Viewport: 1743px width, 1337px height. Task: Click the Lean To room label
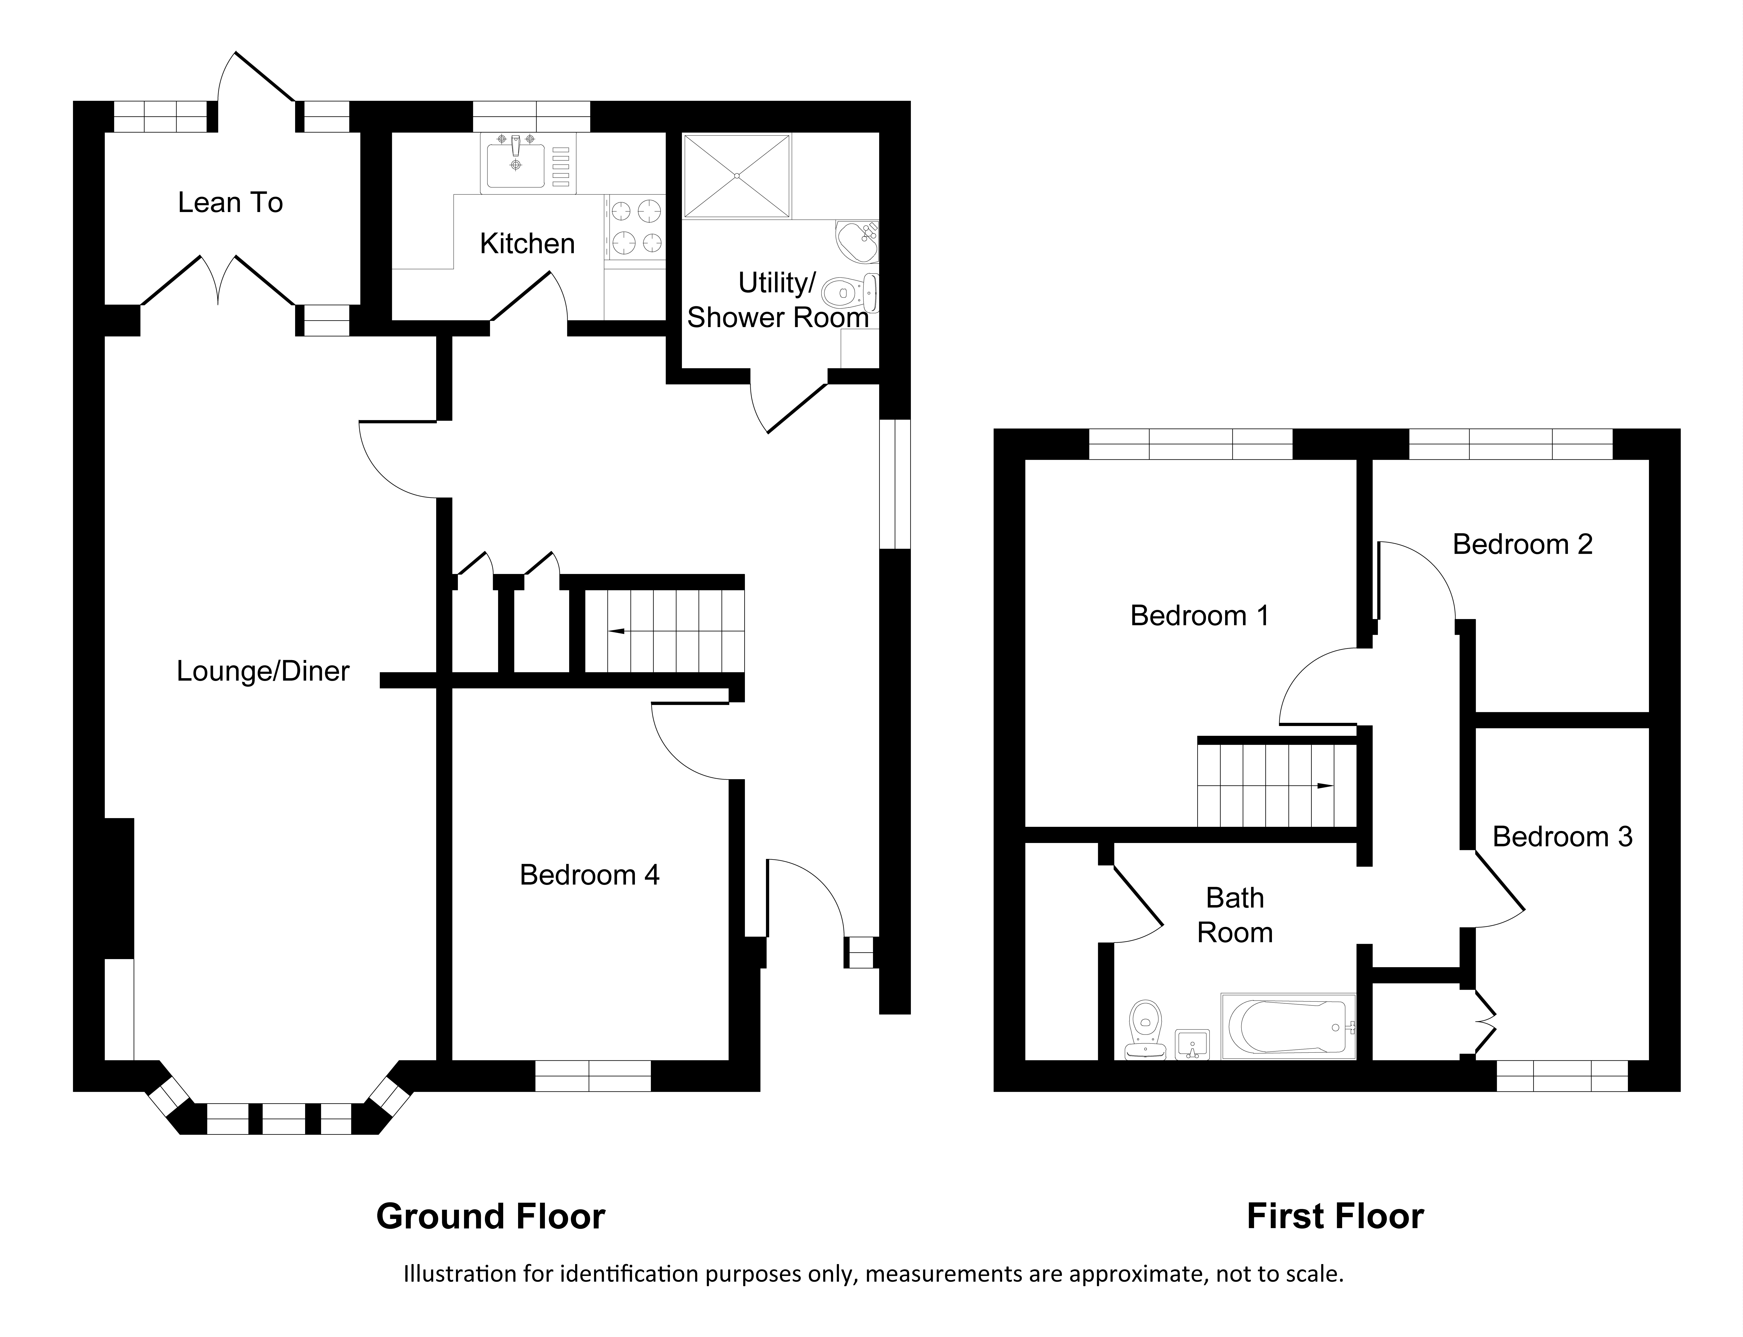click(230, 203)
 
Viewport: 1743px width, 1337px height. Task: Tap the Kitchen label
click(527, 243)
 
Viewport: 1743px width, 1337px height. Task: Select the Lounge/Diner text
click(263, 672)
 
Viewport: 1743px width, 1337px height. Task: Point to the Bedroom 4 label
click(589, 875)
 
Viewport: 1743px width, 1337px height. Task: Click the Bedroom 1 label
click(1199, 616)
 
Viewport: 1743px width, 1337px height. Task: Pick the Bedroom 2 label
click(1522, 544)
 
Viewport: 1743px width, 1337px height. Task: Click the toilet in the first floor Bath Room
click(1146, 1030)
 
